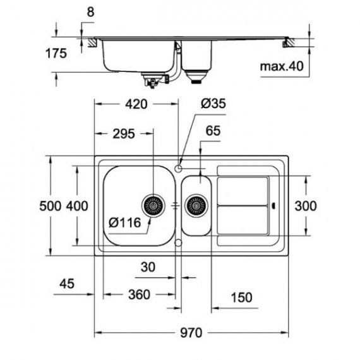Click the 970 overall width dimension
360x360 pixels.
[191, 333]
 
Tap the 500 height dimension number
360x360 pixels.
[51, 206]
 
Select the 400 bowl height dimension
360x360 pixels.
[77, 206]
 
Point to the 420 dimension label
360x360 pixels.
[136, 104]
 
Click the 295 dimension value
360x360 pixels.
[124, 134]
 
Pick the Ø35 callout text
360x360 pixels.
[213, 104]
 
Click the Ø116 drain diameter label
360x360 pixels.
[124, 222]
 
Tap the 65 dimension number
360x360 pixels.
[213, 131]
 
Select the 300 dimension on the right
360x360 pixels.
[306, 206]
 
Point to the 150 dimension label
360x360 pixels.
[241, 297]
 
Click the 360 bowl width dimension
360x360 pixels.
[140, 294]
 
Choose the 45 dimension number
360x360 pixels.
[67, 284]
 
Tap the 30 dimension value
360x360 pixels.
[148, 267]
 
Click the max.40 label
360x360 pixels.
[282, 66]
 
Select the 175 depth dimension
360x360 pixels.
[56, 53]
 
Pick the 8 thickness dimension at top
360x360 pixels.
[90, 12]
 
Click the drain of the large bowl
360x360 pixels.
[153, 206]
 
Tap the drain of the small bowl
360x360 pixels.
[196, 206]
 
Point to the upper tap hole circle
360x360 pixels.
[178, 169]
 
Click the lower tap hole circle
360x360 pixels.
[178, 243]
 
